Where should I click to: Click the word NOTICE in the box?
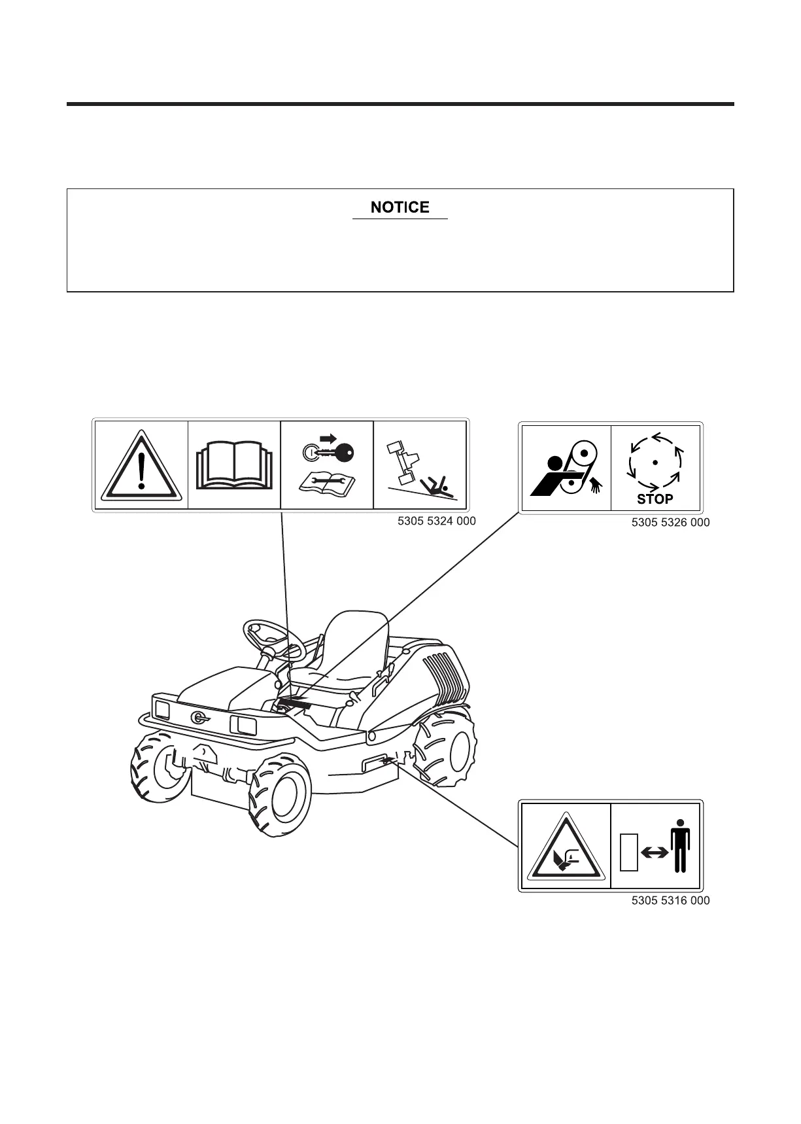click(400, 207)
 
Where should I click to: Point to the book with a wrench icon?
click(326, 483)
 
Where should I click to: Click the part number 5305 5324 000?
click(436, 521)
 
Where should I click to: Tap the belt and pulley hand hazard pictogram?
click(566, 468)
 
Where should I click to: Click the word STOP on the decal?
click(655, 499)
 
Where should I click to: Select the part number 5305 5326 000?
click(670, 522)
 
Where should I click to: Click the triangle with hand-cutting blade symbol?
click(565, 847)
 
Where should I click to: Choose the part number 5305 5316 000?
click(670, 900)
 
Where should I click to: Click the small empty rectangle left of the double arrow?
click(628, 852)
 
